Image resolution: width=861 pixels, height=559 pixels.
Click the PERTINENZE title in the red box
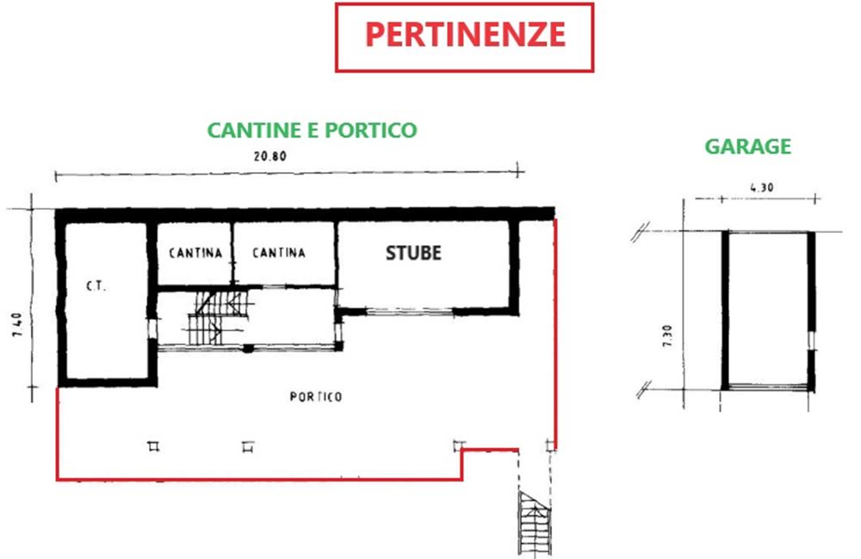point(465,35)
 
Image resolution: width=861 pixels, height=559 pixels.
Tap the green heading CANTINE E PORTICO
point(312,130)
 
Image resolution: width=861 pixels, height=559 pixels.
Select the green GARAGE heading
point(747,146)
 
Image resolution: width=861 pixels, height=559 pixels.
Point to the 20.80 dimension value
point(269,157)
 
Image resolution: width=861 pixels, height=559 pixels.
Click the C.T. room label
point(95,286)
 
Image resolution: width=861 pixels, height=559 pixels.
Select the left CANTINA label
point(195,253)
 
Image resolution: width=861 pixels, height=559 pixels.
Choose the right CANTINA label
point(278,253)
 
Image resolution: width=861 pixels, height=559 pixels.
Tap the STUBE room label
point(413,253)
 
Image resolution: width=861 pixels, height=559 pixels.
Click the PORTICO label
point(316,396)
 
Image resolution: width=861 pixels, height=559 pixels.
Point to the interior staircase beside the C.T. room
point(217,316)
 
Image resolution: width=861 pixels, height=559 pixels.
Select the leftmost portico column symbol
point(153,445)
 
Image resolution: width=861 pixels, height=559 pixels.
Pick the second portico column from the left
point(248,445)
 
